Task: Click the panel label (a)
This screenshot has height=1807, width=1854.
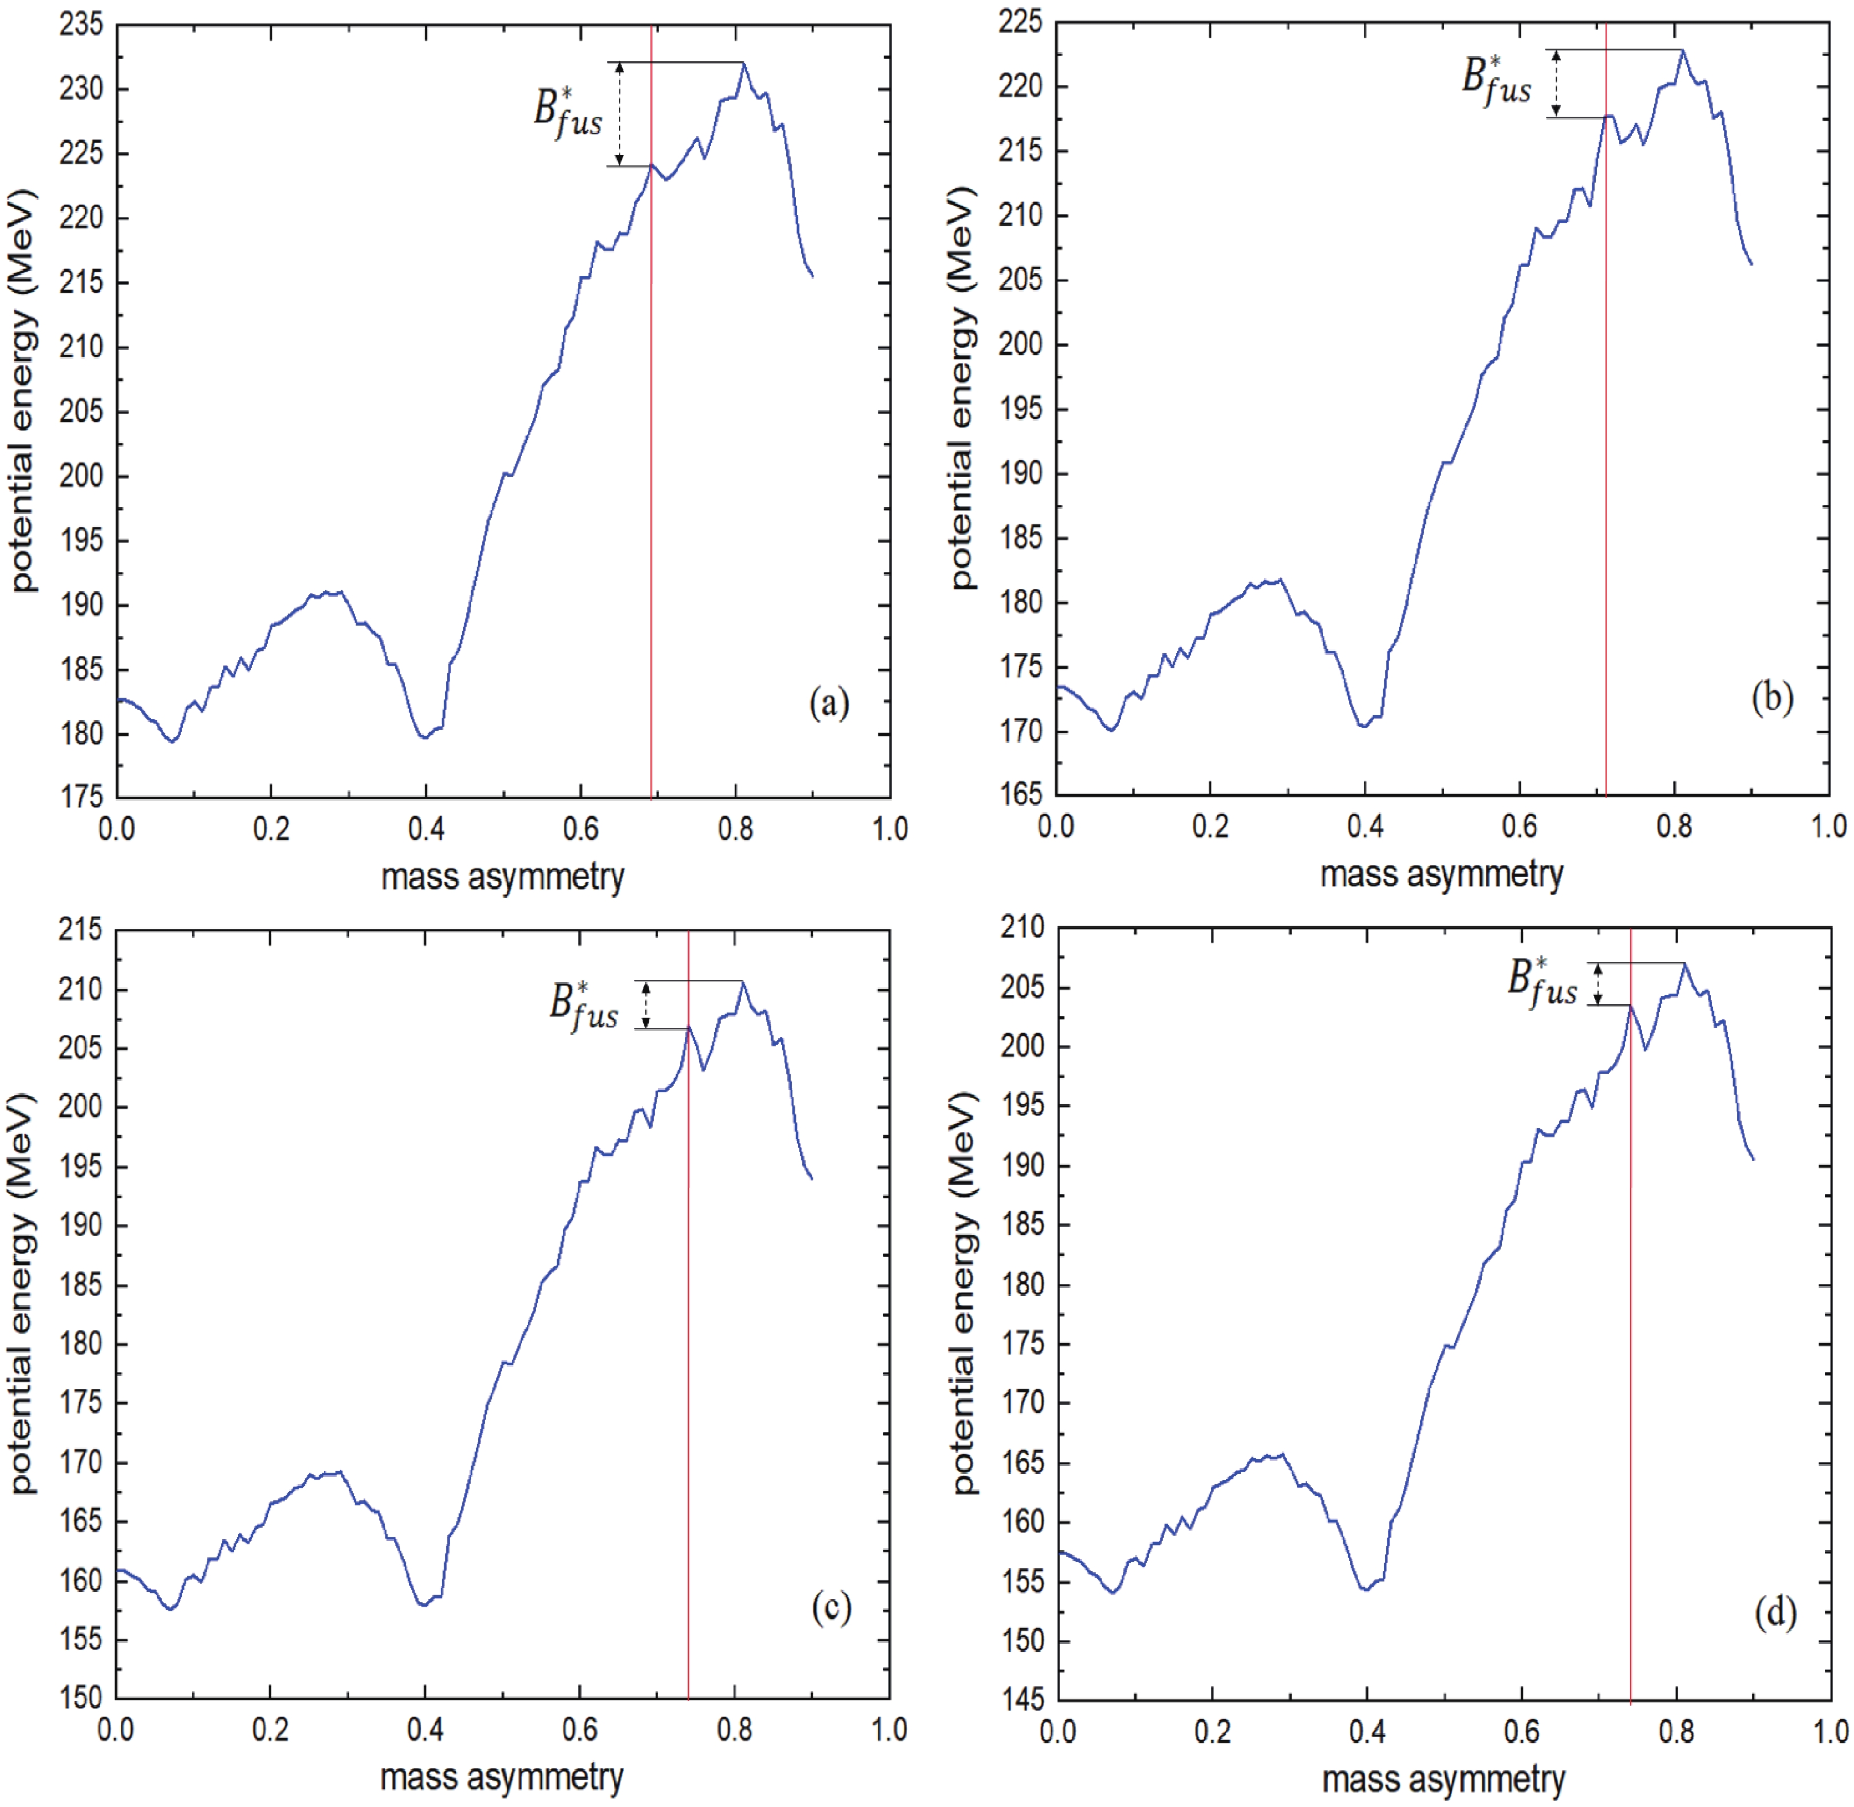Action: [x=829, y=703]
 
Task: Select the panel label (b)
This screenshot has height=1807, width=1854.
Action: [x=1772, y=698]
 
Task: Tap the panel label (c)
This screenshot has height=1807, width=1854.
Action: [x=831, y=1608]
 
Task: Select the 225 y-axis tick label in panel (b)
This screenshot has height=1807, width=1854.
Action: [x=1020, y=22]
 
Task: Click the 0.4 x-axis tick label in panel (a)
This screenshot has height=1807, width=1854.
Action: [x=426, y=829]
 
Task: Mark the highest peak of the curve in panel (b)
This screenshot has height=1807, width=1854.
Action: [x=1682, y=49]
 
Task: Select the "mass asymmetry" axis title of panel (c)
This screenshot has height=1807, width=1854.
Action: [x=502, y=1776]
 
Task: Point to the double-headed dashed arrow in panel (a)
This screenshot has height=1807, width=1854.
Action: [x=620, y=114]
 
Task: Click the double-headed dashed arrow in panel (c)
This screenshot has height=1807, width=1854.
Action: [x=646, y=1004]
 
